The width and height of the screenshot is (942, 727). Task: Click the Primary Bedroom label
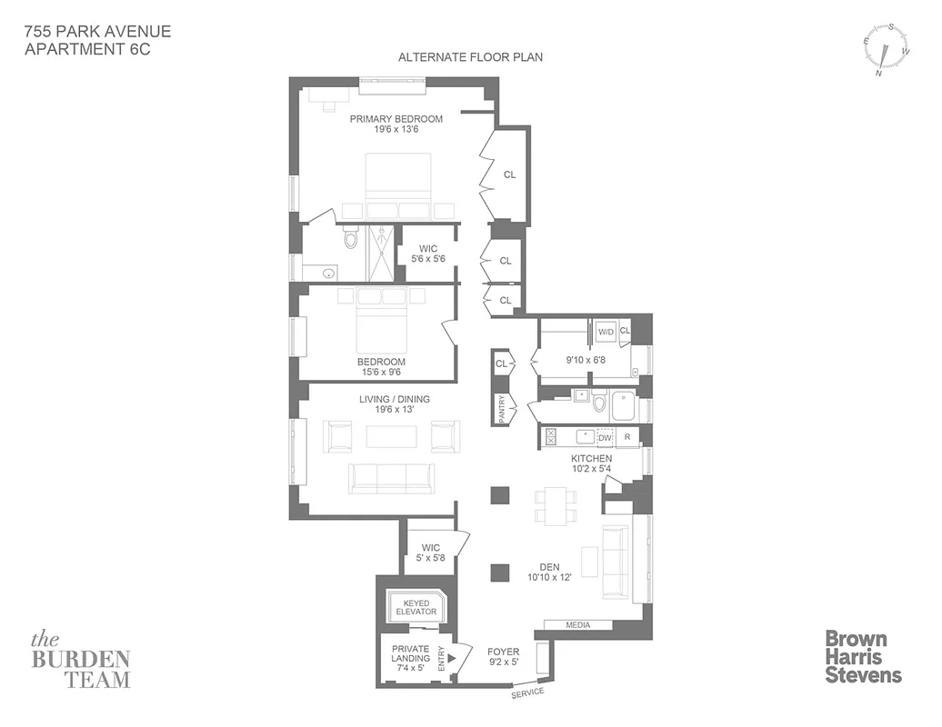click(x=396, y=119)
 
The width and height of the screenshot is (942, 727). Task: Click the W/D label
click(x=606, y=332)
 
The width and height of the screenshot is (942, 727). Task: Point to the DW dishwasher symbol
click(x=605, y=438)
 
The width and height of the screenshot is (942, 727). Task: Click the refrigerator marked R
click(x=627, y=438)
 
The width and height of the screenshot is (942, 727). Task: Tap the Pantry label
click(x=502, y=408)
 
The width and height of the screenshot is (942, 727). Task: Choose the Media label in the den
click(x=577, y=625)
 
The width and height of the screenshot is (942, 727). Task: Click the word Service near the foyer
click(x=526, y=692)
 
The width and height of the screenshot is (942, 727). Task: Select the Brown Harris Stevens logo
click(x=863, y=656)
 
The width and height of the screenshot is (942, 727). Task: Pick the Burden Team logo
click(x=81, y=659)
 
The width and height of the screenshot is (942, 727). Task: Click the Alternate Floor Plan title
click(x=470, y=57)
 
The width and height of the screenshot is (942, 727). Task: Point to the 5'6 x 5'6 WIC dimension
click(x=429, y=259)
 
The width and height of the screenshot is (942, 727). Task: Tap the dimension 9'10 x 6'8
click(x=586, y=360)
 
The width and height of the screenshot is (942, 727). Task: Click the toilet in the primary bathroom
click(x=351, y=239)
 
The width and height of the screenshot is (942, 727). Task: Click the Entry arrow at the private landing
click(x=452, y=657)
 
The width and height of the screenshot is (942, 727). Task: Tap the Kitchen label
click(x=591, y=459)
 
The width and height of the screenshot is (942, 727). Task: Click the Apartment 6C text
click(x=87, y=50)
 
